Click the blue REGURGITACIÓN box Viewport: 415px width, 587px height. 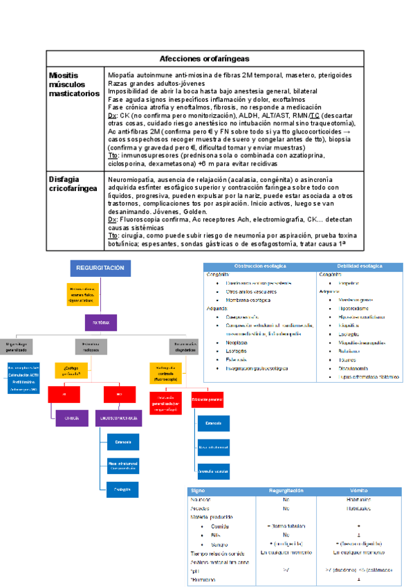(x=100, y=268)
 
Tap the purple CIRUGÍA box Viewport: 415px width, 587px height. (x=72, y=417)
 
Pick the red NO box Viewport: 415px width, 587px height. (x=119, y=393)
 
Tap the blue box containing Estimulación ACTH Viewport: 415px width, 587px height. (x=22, y=374)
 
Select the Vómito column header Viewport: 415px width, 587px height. (x=359, y=490)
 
